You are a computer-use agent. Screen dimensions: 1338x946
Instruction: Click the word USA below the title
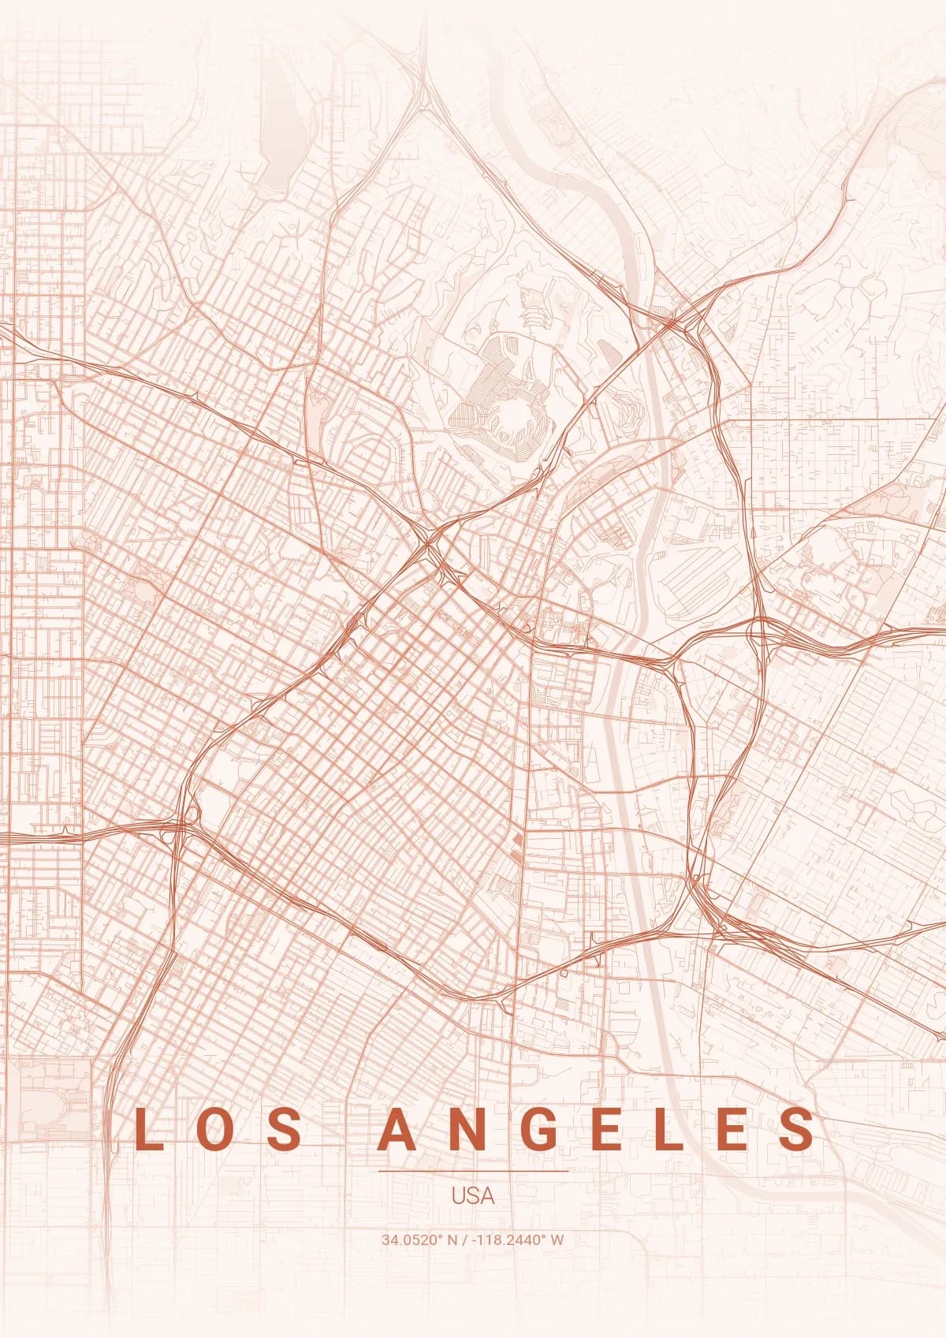coord(473,1195)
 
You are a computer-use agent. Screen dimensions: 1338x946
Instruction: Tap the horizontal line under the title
coord(473,1171)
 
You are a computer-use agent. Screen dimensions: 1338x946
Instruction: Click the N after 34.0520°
coord(453,1239)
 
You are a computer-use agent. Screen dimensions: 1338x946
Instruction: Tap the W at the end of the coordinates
coord(557,1239)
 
